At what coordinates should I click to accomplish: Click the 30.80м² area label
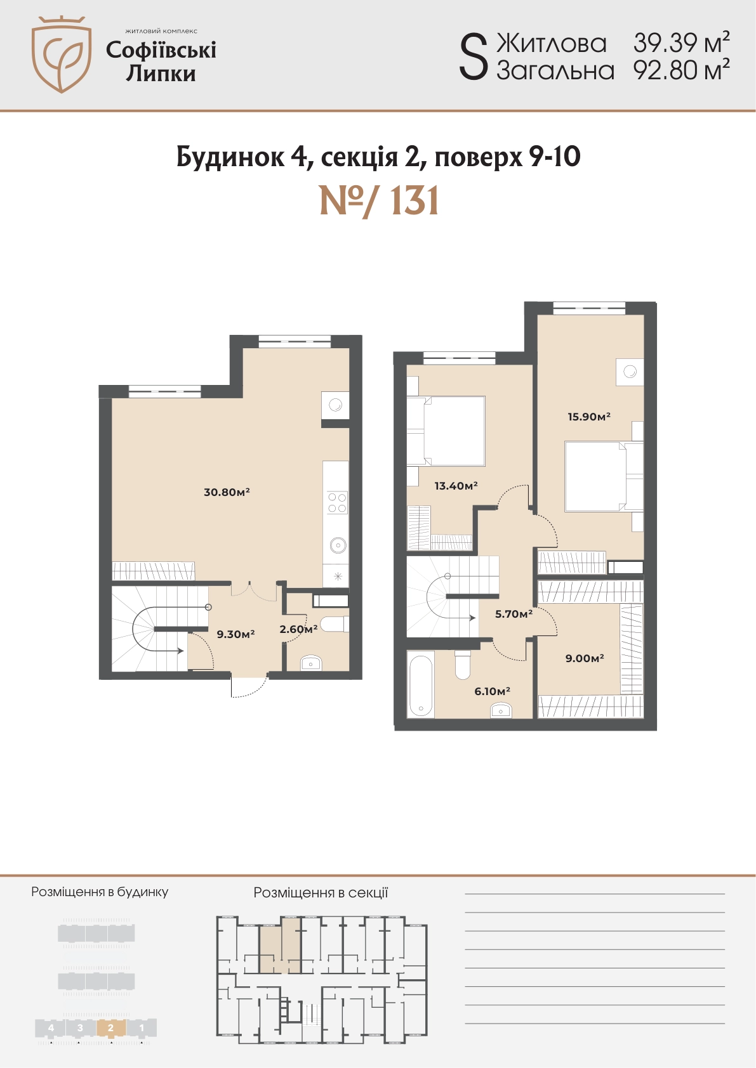pos(227,492)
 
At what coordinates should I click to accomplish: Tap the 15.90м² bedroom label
pos(590,416)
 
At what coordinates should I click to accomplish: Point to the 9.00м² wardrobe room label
pos(585,658)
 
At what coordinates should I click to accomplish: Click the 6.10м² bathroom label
pos(493,691)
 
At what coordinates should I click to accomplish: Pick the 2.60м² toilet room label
pos(299,629)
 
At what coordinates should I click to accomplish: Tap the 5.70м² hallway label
pos(514,614)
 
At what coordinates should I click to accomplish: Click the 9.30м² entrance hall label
pos(235,634)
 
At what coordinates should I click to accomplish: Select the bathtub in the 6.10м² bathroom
pos(420,684)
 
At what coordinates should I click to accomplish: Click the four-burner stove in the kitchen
pos(337,502)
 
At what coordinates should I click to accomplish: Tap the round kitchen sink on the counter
pos(338,545)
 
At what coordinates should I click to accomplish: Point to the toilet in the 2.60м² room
pos(333,624)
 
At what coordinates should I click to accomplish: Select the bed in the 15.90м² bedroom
pos(604,477)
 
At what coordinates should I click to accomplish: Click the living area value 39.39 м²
pos(681,43)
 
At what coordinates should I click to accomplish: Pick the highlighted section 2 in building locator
pos(110,1028)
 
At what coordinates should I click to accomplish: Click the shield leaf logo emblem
pos(61,54)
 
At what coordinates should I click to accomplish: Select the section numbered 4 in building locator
pos(51,1028)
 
